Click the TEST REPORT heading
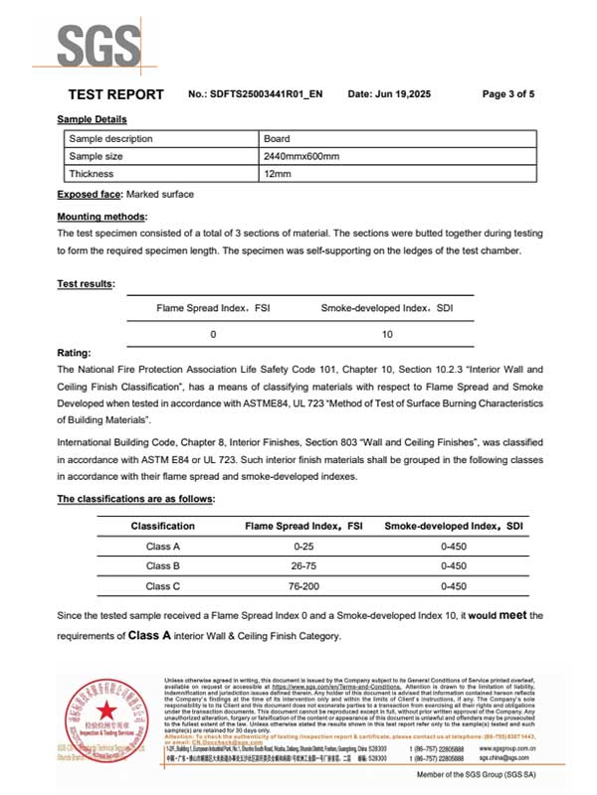[x=115, y=94]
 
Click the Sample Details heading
[x=92, y=119]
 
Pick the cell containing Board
[x=276, y=139]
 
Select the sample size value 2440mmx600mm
[x=301, y=156]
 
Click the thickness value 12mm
[x=277, y=174]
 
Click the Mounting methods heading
[x=102, y=216]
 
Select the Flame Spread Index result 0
[x=213, y=334]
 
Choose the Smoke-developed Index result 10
[x=387, y=334]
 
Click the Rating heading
[x=75, y=351]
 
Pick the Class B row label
[x=163, y=565]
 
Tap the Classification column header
[x=163, y=525]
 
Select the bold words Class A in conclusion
[x=154, y=635]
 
